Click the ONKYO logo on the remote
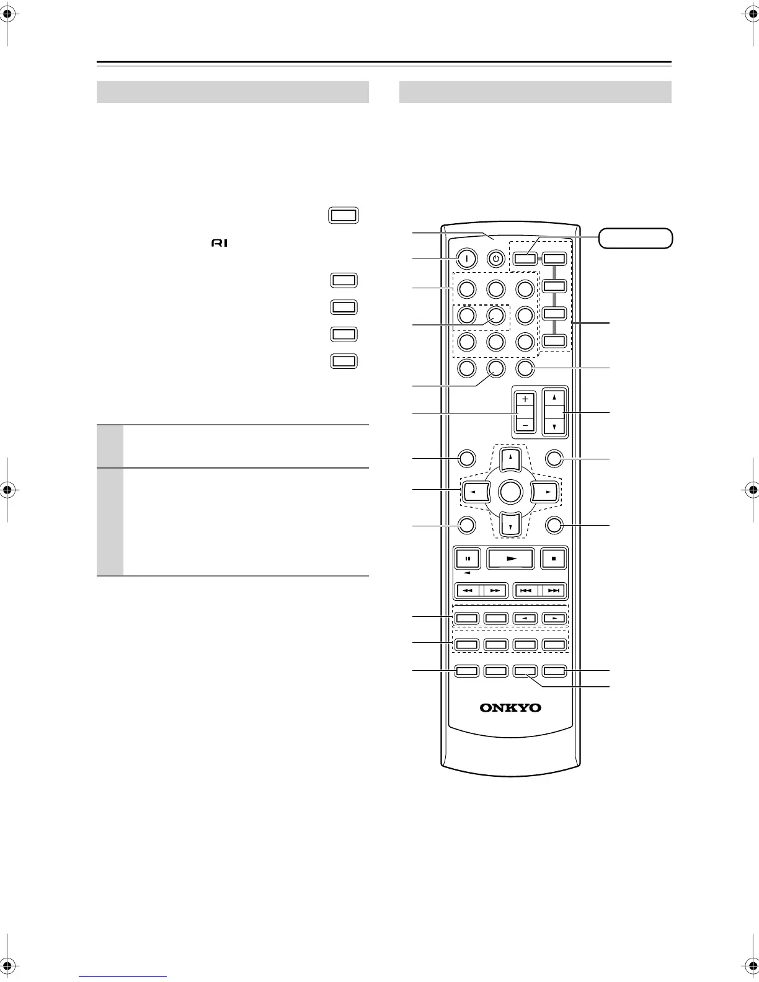[510, 707]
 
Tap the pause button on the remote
[468, 559]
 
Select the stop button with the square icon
[554, 559]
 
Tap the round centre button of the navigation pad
[509, 492]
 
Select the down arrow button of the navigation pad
[509, 526]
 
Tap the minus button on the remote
[525, 426]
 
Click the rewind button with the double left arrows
[468, 591]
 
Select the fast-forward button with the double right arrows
[495, 591]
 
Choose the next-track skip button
[554, 591]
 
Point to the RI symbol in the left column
[220, 243]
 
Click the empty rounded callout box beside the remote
[636, 238]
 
